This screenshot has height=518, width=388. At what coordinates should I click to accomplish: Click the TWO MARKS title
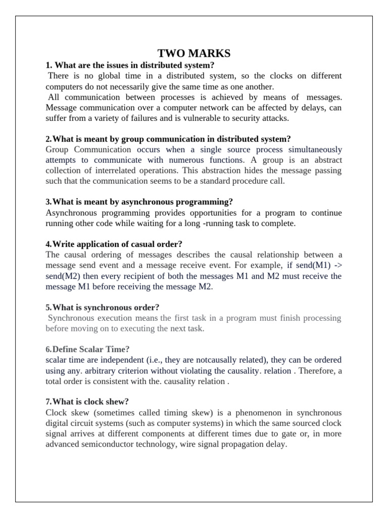[x=193, y=54]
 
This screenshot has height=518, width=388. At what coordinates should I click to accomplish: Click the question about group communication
[x=168, y=139]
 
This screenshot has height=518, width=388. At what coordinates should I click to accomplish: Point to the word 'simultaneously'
[x=315, y=150]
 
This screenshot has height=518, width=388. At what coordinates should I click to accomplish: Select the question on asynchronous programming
[x=139, y=202]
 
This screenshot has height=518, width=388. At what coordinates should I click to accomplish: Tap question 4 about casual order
[x=114, y=244]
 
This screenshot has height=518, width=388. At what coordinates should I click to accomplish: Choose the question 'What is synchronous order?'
[x=103, y=308]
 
